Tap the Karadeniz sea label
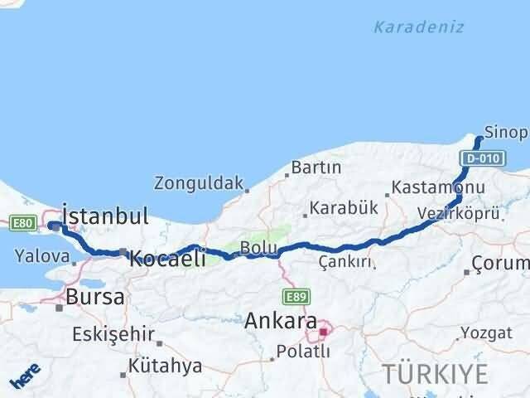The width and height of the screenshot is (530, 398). coord(418,27)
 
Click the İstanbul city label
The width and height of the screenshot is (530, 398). coord(105,217)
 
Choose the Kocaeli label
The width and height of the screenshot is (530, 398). coord(167,259)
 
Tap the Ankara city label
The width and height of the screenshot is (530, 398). coord(281,320)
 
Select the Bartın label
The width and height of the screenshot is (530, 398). coord(316,167)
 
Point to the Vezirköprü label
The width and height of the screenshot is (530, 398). coord(459,213)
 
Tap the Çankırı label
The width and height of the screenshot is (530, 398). coord(344,262)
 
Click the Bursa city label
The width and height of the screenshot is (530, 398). coord(95,296)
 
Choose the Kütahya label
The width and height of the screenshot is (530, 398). coord(166,366)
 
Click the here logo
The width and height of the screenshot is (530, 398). coord(24,376)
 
